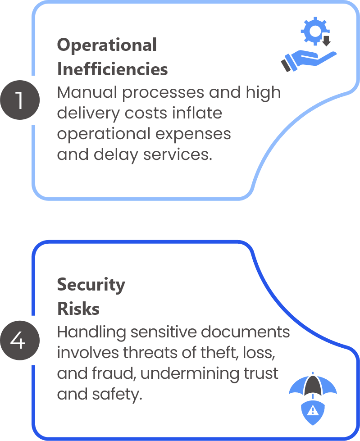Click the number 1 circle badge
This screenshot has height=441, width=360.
click(x=19, y=100)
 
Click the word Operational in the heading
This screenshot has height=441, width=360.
click(x=107, y=45)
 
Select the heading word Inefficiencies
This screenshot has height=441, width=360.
click(x=112, y=70)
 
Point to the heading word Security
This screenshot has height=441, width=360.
click(x=91, y=285)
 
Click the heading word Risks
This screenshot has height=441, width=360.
click(x=78, y=309)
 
